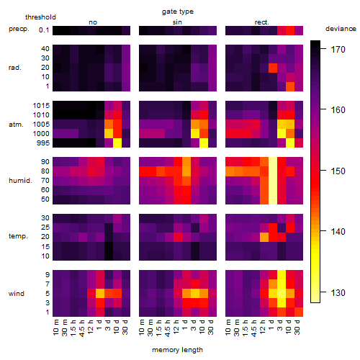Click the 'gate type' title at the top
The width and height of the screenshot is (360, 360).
pyautogui.click(x=178, y=12)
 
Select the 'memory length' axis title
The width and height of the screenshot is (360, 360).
pyautogui.click(x=177, y=350)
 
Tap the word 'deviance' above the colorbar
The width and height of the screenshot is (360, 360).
pyautogui.click(x=341, y=29)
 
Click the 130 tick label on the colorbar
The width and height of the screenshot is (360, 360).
pyautogui.click(x=338, y=293)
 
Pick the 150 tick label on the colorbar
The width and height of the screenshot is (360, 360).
pyautogui.click(x=338, y=171)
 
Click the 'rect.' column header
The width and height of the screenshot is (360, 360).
pyautogui.click(x=261, y=22)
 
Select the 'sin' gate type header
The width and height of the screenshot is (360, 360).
pyautogui.click(x=177, y=22)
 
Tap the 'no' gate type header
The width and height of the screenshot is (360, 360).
pyautogui.click(x=93, y=22)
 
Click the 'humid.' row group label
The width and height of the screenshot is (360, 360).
pyautogui.click(x=20, y=181)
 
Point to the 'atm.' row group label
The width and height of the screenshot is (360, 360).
pyautogui.click(x=16, y=125)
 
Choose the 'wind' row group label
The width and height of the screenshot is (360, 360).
pyautogui.click(x=17, y=294)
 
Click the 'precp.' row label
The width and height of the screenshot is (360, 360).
pyautogui.click(x=19, y=29)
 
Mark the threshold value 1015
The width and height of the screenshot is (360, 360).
pyautogui.click(x=41, y=106)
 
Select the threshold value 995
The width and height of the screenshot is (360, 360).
pyautogui.click(x=43, y=143)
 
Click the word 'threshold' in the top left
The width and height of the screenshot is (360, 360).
pyautogui.click(x=40, y=17)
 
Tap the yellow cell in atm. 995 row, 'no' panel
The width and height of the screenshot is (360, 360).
pyautogui.click(x=117, y=143)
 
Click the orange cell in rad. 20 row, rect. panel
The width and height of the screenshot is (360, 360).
pyautogui.click(x=273, y=68)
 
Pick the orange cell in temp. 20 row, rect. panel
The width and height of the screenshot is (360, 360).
pyautogui.click(x=264, y=238)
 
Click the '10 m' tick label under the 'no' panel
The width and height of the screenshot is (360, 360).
pyautogui.click(x=56, y=328)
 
